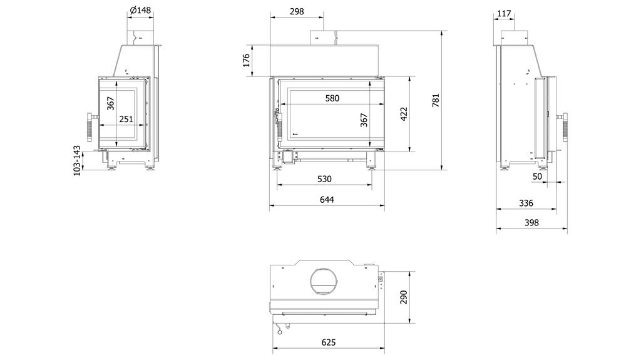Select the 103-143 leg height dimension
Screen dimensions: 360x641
pyautogui.click(x=77, y=160)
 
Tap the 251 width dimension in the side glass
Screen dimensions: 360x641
pyautogui.click(x=126, y=119)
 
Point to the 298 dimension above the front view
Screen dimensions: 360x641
pyautogui.click(x=297, y=11)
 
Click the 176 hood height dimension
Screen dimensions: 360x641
pyautogui.click(x=246, y=60)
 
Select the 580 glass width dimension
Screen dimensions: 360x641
pyautogui.click(x=332, y=98)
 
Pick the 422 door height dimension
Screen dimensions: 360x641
pyautogui.click(x=404, y=115)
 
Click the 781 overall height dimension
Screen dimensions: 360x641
pyautogui.click(x=436, y=100)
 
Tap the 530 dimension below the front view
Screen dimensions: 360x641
pyautogui.click(x=324, y=179)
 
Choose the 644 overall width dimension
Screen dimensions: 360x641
pyautogui.click(x=327, y=200)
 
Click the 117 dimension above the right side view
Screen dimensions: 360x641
pyautogui.click(x=505, y=13)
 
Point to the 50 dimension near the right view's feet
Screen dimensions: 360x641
pyautogui.click(x=537, y=177)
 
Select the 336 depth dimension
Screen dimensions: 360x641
pyautogui.click(x=526, y=203)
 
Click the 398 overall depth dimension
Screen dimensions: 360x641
pyautogui.click(x=531, y=223)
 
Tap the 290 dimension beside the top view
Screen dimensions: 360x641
pyautogui.click(x=404, y=296)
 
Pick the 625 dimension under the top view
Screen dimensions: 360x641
pyautogui.click(x=329, y=342)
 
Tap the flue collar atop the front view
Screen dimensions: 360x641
pyautogui.click(x=324, y=38)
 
